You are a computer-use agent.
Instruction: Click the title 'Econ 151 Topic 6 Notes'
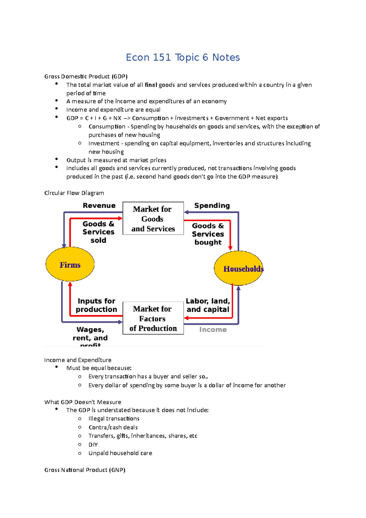pos(183,57)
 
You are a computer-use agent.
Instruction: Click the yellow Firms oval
pos(70,264)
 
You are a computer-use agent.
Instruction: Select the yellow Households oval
pos(238,268)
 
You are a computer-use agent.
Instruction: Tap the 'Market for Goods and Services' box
pos(153,218)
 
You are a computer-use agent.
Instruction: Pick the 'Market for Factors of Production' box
pos(153,318)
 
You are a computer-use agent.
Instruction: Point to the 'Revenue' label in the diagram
pos(99,206)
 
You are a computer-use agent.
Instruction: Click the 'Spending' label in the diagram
pos(212,206)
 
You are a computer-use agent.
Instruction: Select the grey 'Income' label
pos(213,329)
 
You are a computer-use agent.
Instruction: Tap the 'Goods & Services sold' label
pos(98,232)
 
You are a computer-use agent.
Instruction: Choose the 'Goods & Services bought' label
pos(208,234)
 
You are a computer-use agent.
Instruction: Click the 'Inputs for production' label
pos(96,305)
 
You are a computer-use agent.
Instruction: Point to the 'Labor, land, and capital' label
pos(208,305)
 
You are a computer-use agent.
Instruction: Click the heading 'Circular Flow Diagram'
pos(74,193)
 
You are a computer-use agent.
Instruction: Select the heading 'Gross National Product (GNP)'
pos(85,470)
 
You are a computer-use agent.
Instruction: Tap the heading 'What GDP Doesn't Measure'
pos(83,402)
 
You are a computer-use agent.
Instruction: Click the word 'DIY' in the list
pos(93,444)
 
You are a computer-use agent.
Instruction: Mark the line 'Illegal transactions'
pos(114,419)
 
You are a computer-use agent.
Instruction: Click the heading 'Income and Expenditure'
pos(78,360)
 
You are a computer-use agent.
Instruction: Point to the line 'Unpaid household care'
pos(120,453)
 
